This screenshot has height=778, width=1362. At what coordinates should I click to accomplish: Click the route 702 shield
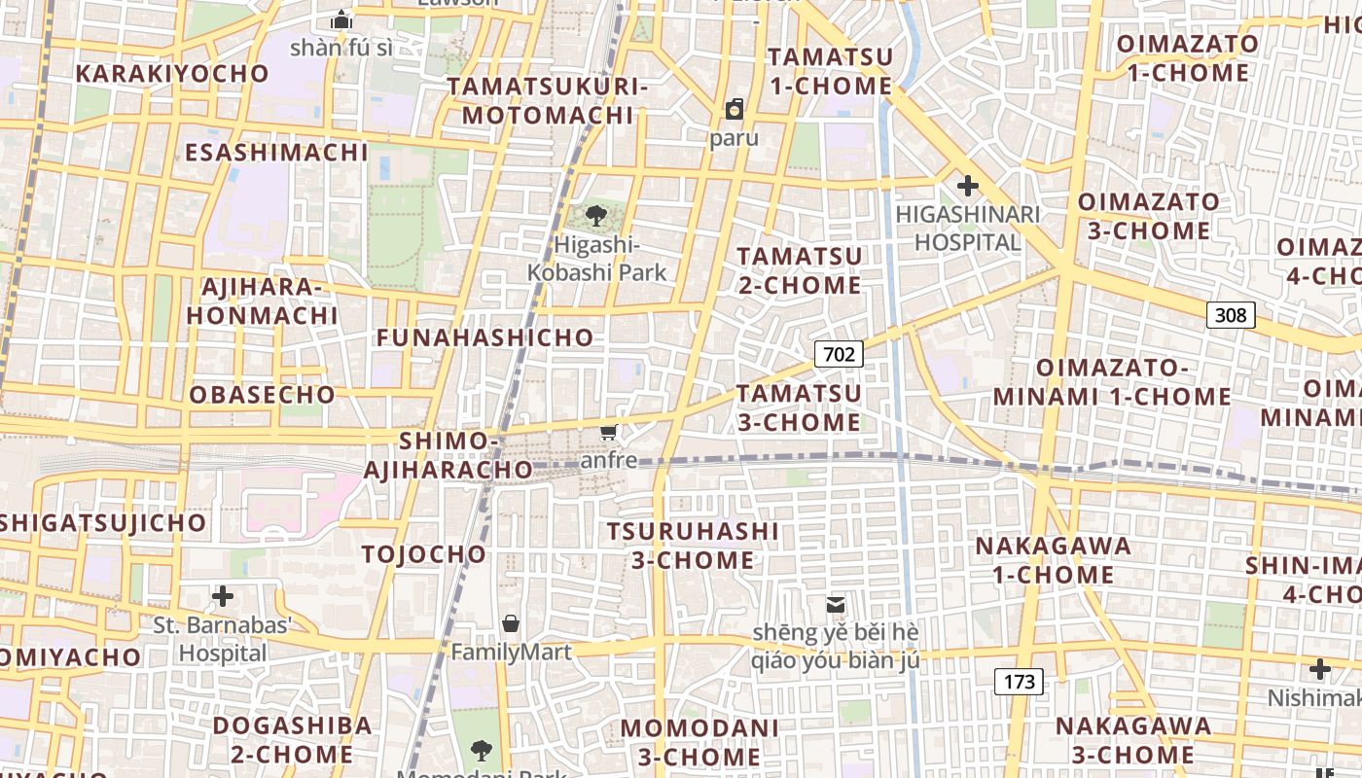coord(839,354)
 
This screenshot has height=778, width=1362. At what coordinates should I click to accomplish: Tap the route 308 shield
coord(1231,315)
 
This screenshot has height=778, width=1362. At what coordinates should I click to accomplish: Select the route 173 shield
coord(1019,682)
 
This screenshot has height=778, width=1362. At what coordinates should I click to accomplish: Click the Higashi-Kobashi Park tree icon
coord(595,216)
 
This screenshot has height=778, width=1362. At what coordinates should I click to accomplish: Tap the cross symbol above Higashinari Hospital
coord(967,185)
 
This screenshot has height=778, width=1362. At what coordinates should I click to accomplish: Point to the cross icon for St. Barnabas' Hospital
coord(223,595)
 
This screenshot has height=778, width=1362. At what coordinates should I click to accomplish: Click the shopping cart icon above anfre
coord(609,432)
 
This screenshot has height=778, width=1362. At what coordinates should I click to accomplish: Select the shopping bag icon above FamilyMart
coord(510,623)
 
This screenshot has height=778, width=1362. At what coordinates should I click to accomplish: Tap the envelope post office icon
coord(835,605)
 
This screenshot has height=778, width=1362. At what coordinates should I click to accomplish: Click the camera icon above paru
coord(734,109)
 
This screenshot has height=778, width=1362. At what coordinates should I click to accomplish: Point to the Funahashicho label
coord(484,337)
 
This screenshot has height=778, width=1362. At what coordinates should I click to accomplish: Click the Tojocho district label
coord(423,554)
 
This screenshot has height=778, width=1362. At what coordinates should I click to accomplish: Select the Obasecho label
coord(262,395)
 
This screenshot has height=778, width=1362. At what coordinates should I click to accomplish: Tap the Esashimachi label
coord(276,153)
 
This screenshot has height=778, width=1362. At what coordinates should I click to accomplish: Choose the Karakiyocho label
coord(172,74)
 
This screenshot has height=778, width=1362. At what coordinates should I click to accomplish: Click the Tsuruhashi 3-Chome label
coord(693,546)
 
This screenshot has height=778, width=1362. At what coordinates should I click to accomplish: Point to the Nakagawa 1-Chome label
coord(1054,560)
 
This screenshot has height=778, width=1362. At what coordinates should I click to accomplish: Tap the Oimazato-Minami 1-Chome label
coord(1112,382)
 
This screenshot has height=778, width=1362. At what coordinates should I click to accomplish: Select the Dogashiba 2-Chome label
coord(292,739)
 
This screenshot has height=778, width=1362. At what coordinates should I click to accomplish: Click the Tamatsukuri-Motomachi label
coord(548,100)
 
